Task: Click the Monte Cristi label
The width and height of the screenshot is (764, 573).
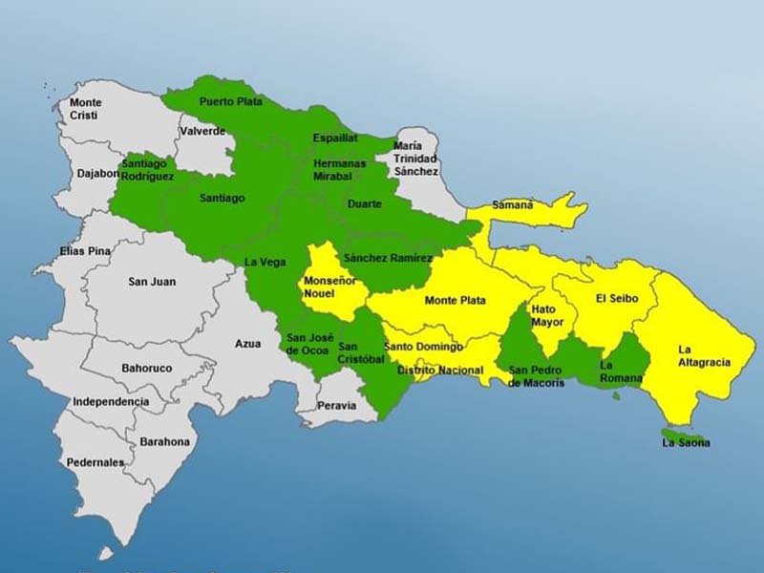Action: tap(85, 109)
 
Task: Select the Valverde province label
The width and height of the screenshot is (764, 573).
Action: tap(202, 131)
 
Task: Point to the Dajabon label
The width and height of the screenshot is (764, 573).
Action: tap(99, 174)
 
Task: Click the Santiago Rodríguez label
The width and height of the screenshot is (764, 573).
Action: tap(148, 170)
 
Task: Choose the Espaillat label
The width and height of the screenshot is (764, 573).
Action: tap(335, 138)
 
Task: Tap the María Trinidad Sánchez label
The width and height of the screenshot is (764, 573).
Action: tap(415, 159)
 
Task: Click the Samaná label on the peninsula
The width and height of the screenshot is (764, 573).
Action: tap(513, 204)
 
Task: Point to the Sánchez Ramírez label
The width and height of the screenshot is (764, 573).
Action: tap(389, 258)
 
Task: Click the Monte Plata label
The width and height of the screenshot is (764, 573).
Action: tap(455, 301)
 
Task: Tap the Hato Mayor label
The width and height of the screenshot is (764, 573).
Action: tap(548, 315)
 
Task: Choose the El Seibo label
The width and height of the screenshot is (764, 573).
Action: tap(617, 299)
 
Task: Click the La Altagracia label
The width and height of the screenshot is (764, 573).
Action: tap(705, 355)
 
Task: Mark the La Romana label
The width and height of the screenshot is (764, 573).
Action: tap(619, 371)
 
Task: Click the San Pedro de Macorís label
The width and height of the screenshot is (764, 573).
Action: tap(536, 376)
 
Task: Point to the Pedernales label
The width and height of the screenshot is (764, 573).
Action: tap(95, 462)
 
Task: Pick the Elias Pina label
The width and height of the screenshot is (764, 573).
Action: tap(86, 251)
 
